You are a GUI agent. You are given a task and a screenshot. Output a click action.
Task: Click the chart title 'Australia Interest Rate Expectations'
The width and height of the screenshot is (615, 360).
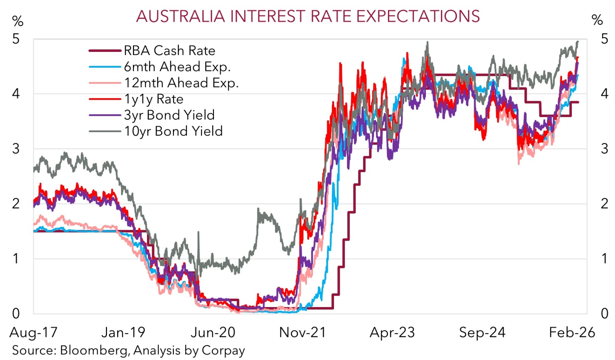(x=308, y=16)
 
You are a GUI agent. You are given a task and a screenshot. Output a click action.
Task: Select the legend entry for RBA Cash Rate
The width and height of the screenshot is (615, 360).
(x=169, y=51)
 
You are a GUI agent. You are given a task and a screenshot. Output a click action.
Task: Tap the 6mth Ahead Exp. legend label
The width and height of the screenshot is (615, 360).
(x=177, y=67)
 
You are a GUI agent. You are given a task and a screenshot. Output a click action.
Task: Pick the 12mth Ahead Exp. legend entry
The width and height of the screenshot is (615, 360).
(x=181, y=83)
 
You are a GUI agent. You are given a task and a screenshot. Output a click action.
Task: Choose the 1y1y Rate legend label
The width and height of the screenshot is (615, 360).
(x=153, y=99)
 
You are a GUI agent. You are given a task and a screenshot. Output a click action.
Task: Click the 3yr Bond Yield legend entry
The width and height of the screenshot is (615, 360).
(x=169, y=115)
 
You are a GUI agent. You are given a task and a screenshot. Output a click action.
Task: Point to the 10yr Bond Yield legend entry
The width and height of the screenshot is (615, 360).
(x=173, y=131)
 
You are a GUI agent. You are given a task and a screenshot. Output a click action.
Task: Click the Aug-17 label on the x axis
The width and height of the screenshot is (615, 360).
(x=34, y=332)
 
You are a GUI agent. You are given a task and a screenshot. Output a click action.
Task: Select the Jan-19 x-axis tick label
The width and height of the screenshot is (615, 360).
(x=123, y=332)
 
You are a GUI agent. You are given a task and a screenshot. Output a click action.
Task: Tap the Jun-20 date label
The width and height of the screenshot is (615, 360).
(x=213, y=332)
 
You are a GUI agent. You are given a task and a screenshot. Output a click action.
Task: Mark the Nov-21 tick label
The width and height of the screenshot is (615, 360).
(x=303, y=332)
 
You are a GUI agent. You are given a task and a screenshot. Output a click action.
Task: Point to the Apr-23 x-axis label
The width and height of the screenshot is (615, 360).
(x=392, y=332)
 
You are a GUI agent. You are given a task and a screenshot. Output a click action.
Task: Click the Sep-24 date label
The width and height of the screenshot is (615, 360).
(x=482, y=332)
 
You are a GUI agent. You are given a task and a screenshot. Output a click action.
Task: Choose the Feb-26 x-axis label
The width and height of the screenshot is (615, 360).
(x=572, y=332)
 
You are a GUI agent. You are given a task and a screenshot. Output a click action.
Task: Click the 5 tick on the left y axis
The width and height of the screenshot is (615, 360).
(x=16, y=39)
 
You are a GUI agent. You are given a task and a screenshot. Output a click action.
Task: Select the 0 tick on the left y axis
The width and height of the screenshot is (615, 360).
(x=16, y=314)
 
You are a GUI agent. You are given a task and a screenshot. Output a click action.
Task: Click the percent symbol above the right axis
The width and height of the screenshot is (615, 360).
(x=597, y=20)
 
